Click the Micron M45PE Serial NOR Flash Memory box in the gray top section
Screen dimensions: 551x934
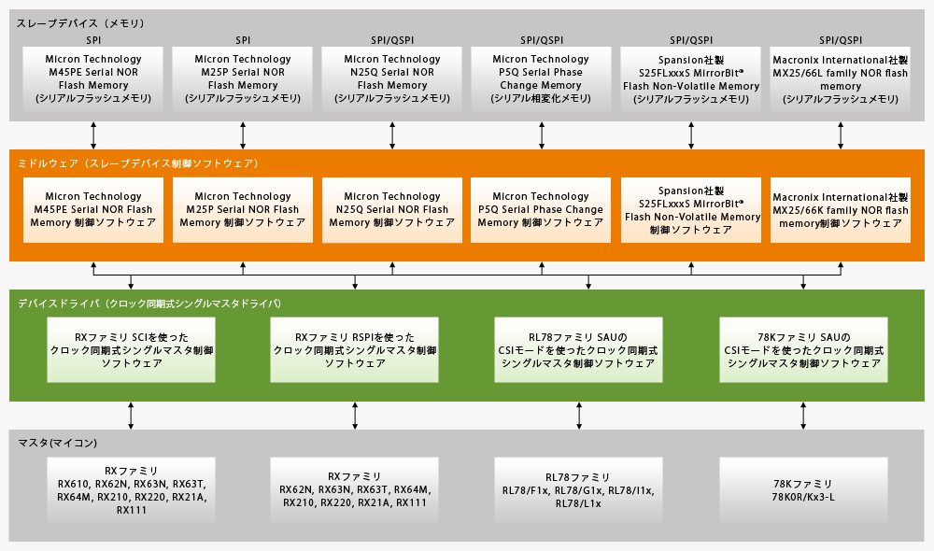93,78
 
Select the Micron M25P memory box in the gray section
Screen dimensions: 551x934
243,78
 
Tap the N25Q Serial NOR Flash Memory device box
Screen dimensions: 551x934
392,78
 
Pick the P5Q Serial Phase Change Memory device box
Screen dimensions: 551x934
542,78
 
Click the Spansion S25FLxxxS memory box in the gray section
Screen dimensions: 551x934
691,78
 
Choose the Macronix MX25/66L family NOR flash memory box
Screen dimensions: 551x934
841,78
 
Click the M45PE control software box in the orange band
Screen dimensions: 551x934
93,210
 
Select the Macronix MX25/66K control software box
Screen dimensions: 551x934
841,210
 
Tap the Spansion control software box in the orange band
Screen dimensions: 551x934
691,210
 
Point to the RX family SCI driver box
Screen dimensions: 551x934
131,350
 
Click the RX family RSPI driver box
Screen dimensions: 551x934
355,350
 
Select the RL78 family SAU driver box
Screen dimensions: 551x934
579,350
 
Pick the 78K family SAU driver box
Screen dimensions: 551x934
803,350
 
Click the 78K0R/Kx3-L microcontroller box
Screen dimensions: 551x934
803,490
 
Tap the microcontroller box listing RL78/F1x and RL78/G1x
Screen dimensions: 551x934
579,490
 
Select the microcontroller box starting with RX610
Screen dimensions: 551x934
131,490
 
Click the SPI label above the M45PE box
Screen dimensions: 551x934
93,40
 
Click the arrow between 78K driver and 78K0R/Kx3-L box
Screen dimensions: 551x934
803,416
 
